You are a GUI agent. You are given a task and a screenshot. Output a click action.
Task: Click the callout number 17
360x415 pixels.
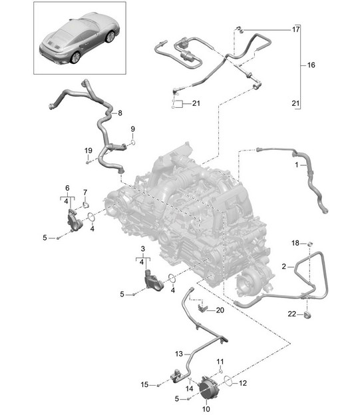(295, 29)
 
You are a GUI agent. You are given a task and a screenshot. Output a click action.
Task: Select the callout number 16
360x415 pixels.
(311, 65)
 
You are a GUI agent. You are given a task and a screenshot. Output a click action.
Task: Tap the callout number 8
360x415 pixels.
(120, 113)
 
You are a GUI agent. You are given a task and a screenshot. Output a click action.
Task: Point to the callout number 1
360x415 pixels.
(297, 165)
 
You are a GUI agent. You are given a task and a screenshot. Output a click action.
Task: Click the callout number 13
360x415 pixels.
(179, 354)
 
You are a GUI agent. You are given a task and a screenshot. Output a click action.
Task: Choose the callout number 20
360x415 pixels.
(220, 310)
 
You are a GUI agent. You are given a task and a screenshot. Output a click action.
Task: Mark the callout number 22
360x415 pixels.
(292, 314)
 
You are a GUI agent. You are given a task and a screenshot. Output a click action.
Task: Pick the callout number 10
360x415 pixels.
(206, 409)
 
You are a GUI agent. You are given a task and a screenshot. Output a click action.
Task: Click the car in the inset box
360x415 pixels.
(80, 39)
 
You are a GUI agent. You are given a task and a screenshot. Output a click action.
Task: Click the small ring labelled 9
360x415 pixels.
(133, 143)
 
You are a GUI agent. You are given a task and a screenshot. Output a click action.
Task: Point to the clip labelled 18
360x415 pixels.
(309, 243)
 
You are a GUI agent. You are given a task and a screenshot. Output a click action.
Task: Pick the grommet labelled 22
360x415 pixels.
(308, 315)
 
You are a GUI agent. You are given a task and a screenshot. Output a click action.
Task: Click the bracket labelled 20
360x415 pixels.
(202, 308)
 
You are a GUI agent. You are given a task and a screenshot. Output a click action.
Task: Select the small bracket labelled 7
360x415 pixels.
(85, 205)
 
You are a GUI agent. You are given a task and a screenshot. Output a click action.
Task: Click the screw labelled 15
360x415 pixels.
(158, 385)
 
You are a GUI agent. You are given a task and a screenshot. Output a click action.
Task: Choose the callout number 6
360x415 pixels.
(67, 188)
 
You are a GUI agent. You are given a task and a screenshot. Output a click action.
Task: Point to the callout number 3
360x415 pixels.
(143, 248)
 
